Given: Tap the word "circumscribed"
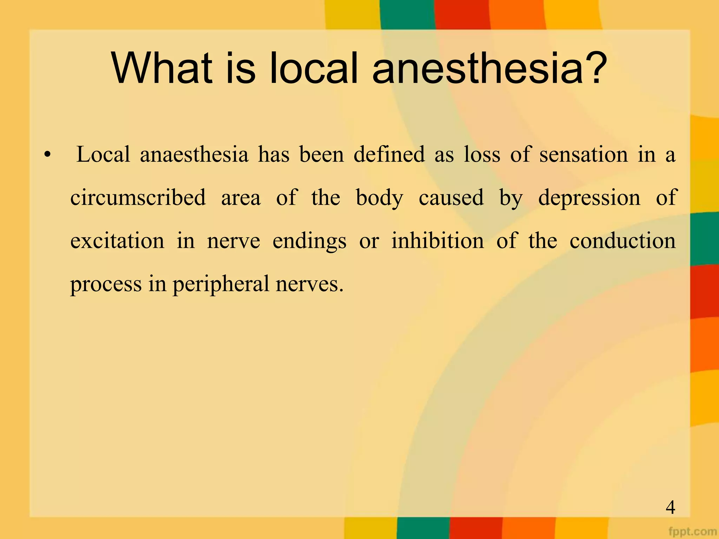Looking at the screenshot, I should (138, 198).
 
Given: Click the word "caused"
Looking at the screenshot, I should (451, 198).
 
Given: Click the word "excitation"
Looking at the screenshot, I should (117, 241).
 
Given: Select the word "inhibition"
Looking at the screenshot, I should (437, 241).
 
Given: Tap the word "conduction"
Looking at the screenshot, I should (622, 241).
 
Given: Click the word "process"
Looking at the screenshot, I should (106, 285).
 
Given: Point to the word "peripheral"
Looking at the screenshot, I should (221, 285).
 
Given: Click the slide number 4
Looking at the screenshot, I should (670, 508).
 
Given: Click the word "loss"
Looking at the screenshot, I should (482, 155).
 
